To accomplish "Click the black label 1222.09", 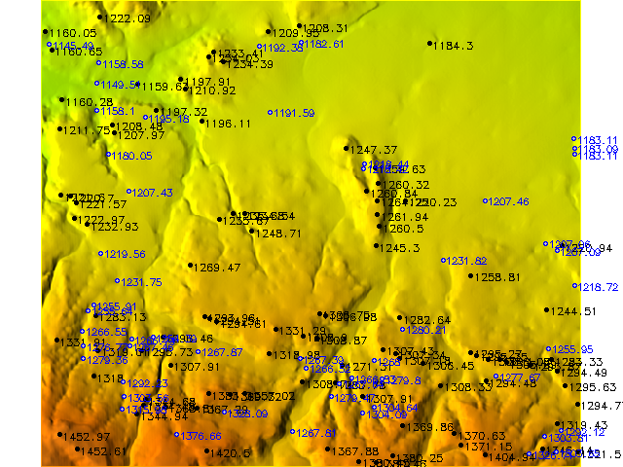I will (x=129, y=18).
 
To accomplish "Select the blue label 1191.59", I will (x=296, y=114).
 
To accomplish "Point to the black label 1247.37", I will (x=375, y=150).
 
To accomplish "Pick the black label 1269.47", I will (x=217, y=267).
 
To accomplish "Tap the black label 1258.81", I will (x=498, y=277).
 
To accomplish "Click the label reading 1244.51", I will (x=574, y=311).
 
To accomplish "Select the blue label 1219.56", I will (x=126, y=254).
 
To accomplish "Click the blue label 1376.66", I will (x=202, y=436).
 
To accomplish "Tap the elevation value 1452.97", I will (x=87, y=438).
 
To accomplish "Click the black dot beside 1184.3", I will (x=429, y=44).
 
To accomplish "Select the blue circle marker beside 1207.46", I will (x=485, y=200).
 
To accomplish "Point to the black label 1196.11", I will (x=228, y=124).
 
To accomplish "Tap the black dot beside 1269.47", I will (x=190, y=265).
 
